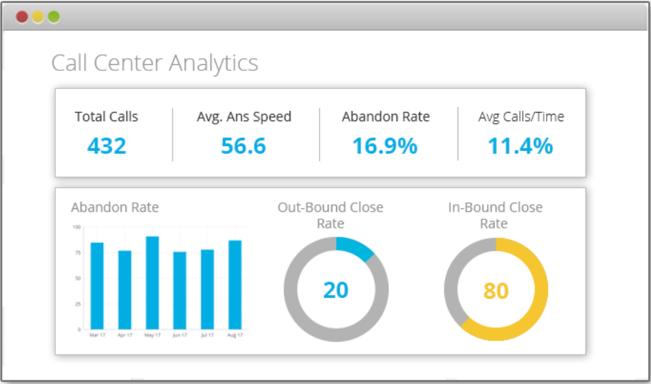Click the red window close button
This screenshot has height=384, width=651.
click(22, 17)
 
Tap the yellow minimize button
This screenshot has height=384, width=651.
click(38, 17)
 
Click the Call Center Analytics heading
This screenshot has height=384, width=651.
click(155, 63)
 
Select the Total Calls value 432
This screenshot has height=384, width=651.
click(107, 146)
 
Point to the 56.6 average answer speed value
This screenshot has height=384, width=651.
click(244, 146)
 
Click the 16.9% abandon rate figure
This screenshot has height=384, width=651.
click(386, 146)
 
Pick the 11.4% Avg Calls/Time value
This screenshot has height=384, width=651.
click(521, 146)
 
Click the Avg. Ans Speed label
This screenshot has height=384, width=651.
click(244, 117)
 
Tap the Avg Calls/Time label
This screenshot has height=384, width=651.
click(521, 117)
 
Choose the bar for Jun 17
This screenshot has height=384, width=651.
click(179, 290)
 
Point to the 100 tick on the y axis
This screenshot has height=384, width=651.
click(77, 227)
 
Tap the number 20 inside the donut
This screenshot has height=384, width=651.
click(336, 291)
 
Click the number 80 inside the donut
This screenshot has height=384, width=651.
click(496, 291)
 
